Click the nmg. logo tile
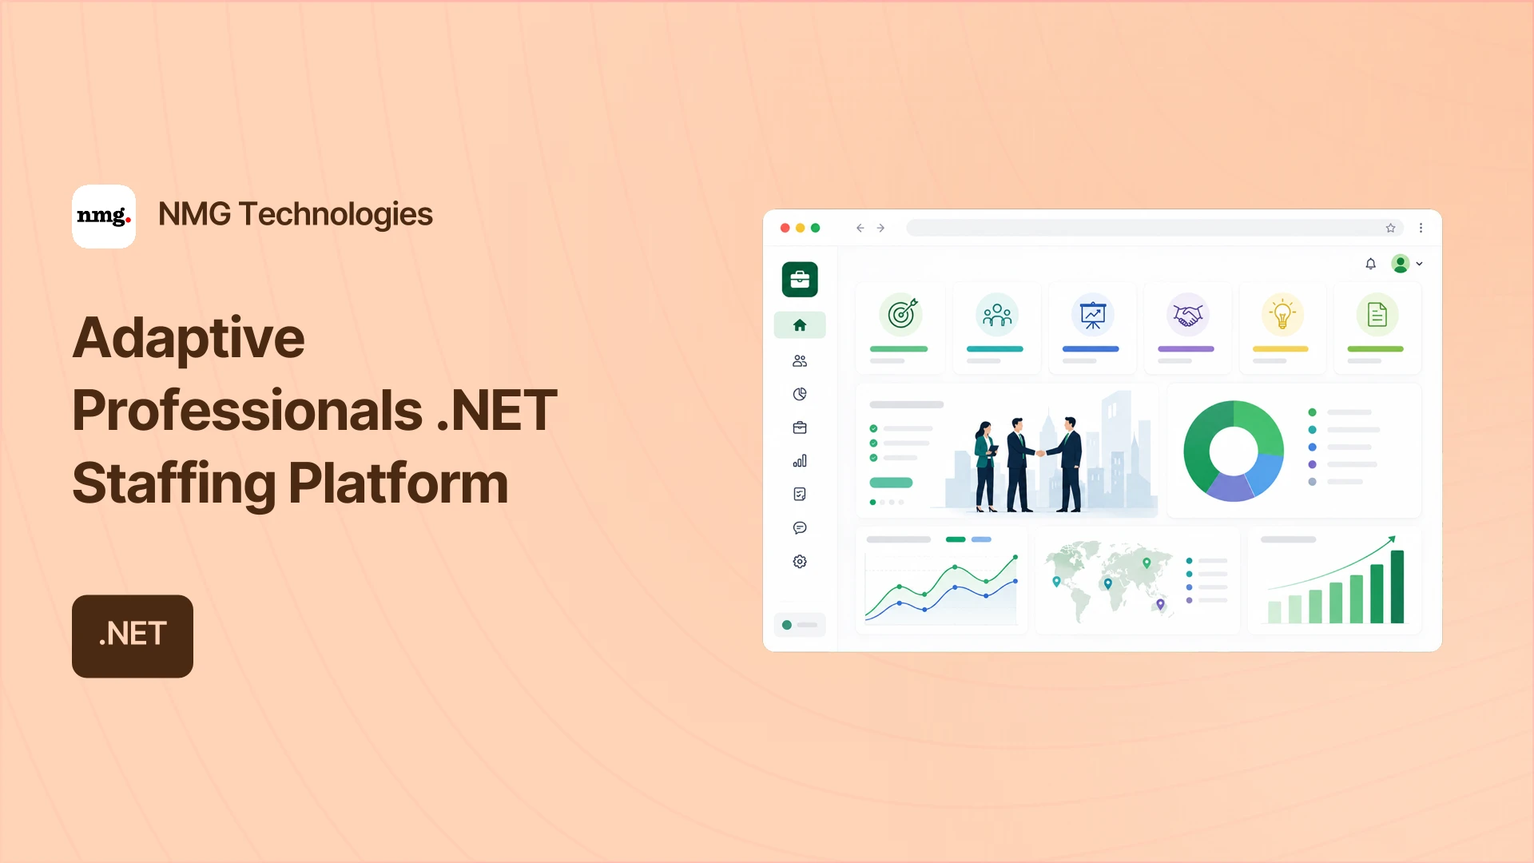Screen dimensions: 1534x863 pyautogui.click(x=104, y=217)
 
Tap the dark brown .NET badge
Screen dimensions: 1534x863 pyautogui.click(x=133, y=636)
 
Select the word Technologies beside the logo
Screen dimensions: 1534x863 pyautogui.click(x=336, y=214)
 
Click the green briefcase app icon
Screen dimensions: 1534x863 pyautogui.click(x=800, y=280)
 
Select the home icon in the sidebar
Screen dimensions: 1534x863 pyautogui.click(x=800, y=325)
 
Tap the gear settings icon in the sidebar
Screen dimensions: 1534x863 pyautogui.click(x=800, y=562)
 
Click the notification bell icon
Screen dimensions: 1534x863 pyautogui.click(x=1371, y=264)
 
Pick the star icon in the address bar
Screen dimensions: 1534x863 pyautogui.click(x=1390, y=228)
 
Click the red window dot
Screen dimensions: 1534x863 pyautogui.click(x=785, y=228)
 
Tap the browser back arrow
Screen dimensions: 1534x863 pyautogui.click(x=860, y=228)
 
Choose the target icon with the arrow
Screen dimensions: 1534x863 pyautogui.click(x=901, y=314)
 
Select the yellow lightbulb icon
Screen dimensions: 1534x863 pyautogui.click(x=1282, y=314)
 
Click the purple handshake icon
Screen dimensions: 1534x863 pyautogui.click(x=1187, y=314)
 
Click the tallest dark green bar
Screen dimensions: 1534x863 pyautogui.click(x=1397, y=587)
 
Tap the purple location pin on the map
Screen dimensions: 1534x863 pyautogui.click(x=1161, y=605)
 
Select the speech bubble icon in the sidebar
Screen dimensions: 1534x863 pyautogui.click(x=800, y=528)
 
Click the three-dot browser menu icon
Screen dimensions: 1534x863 pyautogui.click(x=1421, y=228)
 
